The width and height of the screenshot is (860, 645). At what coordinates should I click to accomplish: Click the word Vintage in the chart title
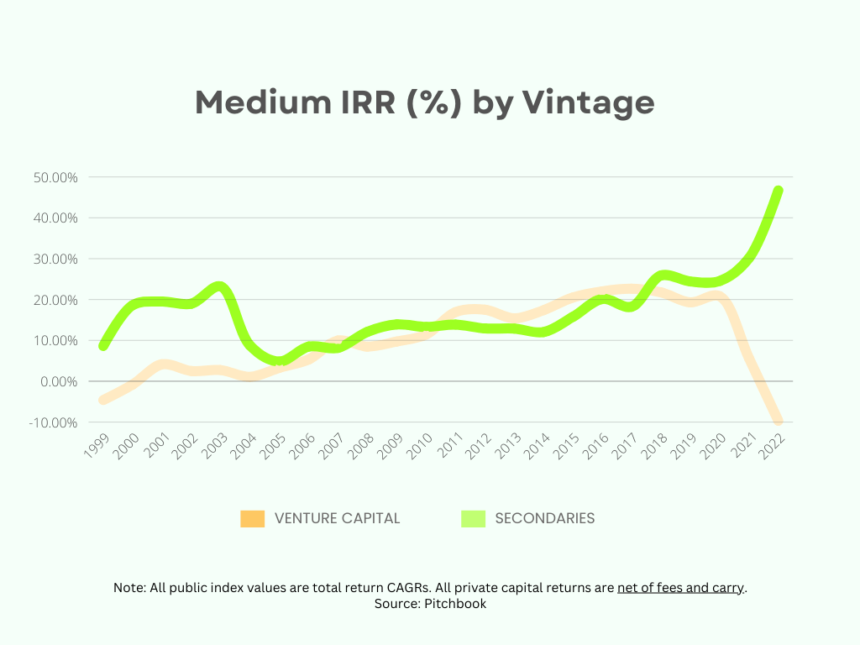coord(588,102)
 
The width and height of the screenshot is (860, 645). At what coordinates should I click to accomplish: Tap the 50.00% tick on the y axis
coord(55,177)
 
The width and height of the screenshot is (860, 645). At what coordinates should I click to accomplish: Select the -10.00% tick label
coord(55,422)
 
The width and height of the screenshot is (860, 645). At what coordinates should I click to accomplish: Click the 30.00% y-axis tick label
coord(55,259)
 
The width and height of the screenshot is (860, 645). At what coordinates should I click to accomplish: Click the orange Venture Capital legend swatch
coord(252,519)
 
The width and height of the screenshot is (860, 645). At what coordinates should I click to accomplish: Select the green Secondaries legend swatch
coord(474,519)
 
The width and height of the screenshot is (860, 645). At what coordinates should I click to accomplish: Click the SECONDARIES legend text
coord(545,519)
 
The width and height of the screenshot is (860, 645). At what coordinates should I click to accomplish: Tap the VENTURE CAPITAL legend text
coord(338,519)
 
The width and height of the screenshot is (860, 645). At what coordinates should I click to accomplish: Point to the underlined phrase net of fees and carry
coord(680,588)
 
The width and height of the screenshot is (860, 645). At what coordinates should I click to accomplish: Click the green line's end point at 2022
coord(779,191)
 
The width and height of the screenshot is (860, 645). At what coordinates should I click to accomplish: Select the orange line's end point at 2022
coord(779,422)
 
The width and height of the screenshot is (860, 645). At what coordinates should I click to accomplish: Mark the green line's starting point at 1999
coord(103,345)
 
